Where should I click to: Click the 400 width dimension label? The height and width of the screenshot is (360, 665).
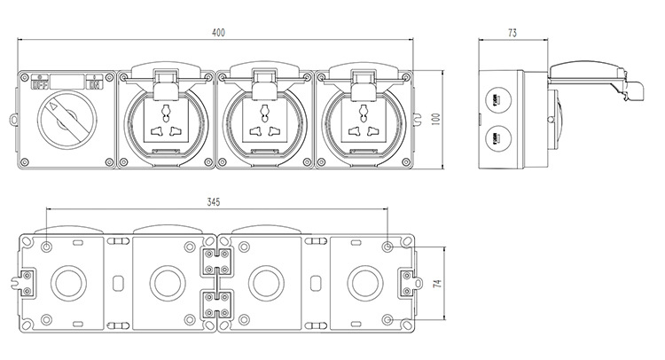(218, 33)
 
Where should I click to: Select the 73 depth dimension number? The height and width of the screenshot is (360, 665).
(512, 33)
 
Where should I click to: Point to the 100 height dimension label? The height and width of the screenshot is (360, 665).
(436, 120)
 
